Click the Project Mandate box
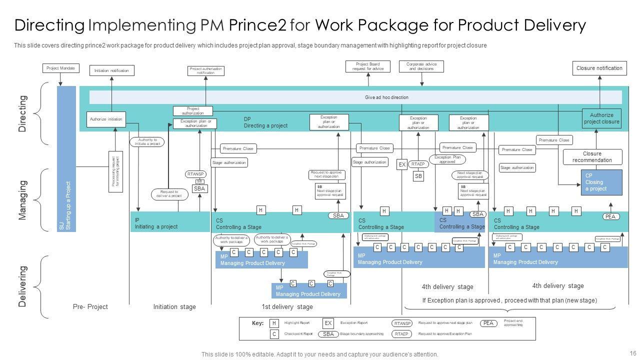60,68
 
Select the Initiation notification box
111,70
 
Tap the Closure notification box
599,68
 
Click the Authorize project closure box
601,118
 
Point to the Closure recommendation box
592,157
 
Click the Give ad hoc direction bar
355,97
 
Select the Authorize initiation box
105,119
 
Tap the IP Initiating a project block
170,223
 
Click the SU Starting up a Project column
66,159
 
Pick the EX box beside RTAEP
402,164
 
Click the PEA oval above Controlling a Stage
610,216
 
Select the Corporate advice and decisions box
421,66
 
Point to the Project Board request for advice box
367,66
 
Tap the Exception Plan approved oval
447,159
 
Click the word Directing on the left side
22,114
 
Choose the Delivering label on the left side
22,286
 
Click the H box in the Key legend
274,323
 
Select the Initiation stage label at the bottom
174,306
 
